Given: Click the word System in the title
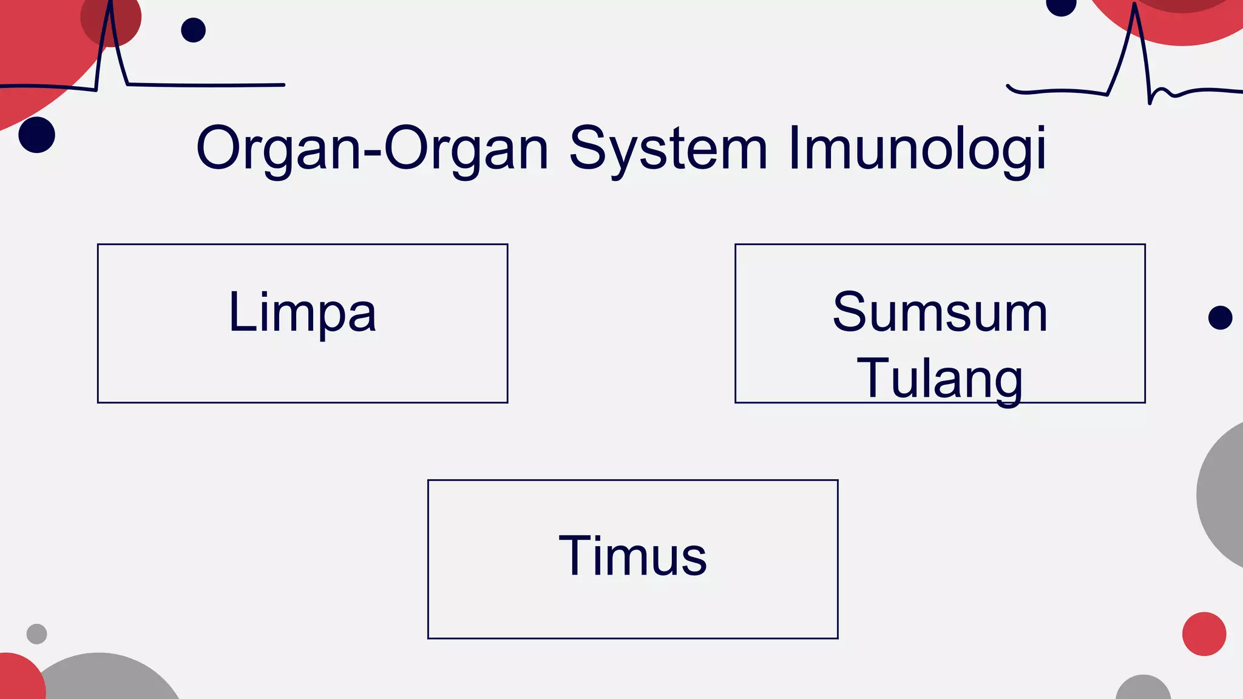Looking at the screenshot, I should coord(668,149).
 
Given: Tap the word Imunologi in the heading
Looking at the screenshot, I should coord(917,149).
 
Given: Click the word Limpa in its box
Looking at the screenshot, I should coord(302,313).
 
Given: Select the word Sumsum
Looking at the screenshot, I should coord(940,312).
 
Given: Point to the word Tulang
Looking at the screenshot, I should coord(940,379).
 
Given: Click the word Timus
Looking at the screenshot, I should coord(632,556).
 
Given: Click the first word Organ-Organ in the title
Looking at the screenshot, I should coord(372,149).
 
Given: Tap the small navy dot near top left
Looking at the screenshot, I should coord(194,30).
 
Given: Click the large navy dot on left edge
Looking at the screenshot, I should coord(37,135).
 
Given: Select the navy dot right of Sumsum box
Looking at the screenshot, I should coord(1220,317).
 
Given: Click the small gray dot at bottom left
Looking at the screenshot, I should coord(37,633).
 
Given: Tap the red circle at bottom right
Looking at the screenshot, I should coord(1204,633).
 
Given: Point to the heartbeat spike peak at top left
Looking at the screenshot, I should coord(110,7).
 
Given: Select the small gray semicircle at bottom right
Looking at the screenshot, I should coord(1143,689).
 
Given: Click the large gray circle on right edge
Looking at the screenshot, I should coord(1223,495).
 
